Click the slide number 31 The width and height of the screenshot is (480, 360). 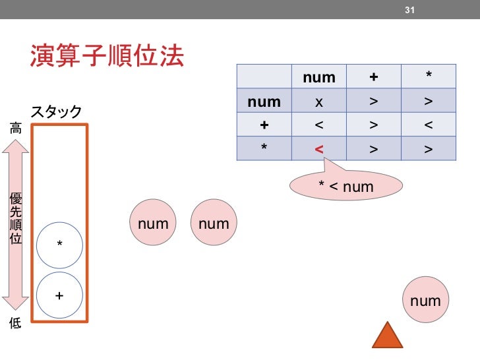409,10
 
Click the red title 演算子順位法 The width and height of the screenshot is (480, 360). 106,57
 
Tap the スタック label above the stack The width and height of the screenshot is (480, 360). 56,111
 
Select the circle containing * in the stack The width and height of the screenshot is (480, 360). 59,245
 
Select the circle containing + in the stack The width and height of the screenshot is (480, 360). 59,296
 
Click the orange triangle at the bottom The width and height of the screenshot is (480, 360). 387,336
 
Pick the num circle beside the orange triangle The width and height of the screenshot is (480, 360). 425,301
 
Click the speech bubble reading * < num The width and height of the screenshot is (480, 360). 346,187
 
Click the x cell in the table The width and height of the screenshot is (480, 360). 319,102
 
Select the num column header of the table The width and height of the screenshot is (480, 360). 319,78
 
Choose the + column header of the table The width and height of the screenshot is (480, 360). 374,78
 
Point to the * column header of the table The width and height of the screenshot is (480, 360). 429,78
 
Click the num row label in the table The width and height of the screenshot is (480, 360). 264,102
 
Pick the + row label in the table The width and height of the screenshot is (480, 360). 264,125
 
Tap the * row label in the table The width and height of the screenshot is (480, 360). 264,149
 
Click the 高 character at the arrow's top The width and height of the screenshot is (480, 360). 15,129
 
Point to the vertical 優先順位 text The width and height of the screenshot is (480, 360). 15,218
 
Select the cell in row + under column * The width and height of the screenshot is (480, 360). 429,125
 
